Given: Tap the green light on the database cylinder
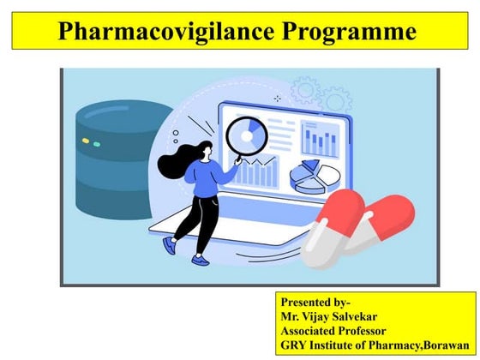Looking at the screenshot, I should click(96, 144).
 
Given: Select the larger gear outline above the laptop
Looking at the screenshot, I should click(337, 98).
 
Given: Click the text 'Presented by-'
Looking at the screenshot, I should click(315, 301).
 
